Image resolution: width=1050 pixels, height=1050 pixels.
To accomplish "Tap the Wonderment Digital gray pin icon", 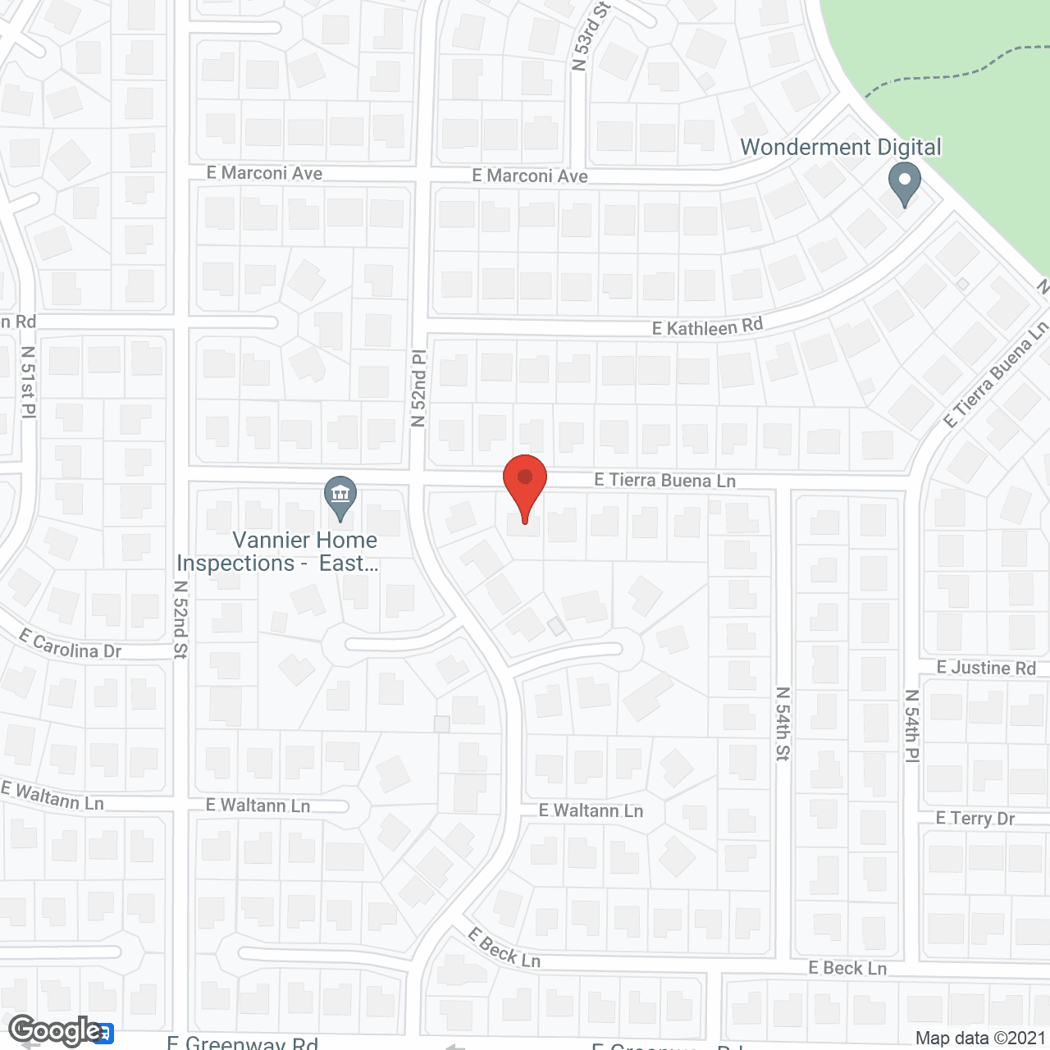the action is [x=904, y=185].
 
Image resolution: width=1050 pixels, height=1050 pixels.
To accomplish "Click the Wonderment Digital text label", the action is [x=841, y=148].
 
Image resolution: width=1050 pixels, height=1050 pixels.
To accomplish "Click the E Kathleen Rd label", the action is [x=707, y=326].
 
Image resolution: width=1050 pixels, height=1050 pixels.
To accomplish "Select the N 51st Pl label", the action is [x=29, y=381].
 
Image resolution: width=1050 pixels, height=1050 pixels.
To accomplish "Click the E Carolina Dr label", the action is [x=71, y=646].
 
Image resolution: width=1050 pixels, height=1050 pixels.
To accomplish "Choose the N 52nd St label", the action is [x=181, y=619].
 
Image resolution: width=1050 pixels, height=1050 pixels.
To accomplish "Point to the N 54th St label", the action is [x=783, y=724].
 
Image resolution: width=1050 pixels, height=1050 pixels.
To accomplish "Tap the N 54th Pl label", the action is [x=911, y=726].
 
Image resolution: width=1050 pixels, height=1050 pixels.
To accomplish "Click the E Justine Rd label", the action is [x=986, y=668].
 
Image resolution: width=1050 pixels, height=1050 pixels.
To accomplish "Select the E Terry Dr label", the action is [x=975, y=819].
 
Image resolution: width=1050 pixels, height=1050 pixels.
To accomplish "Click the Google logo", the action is [x=56, y=1030].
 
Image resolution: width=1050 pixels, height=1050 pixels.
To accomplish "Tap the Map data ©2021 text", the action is [x=980, y=1039].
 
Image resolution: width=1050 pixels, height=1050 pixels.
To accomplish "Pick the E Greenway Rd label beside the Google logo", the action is [x=242, y=1043].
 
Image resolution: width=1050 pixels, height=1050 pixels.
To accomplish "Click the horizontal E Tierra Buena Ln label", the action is [x=664, y=480].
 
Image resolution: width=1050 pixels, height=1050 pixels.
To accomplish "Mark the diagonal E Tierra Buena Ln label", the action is [x=995, y=374].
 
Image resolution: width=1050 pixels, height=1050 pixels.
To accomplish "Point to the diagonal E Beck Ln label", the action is [x=504, y=947].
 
